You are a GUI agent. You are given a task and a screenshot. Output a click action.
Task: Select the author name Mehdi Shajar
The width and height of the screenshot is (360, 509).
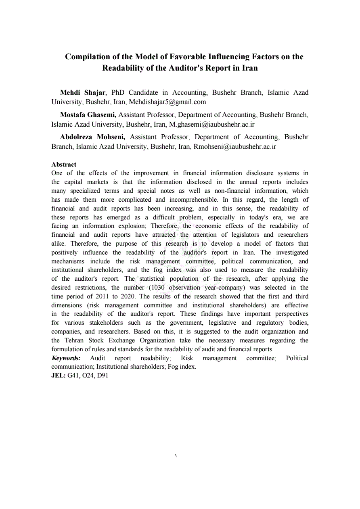[83, 93]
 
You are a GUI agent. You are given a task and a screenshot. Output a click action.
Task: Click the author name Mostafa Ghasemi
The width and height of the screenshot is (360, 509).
[88, 115]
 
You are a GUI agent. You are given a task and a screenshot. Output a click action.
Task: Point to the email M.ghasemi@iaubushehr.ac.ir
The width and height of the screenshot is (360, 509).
[212, 124]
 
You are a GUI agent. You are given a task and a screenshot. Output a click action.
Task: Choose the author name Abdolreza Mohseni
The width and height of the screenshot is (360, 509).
[92, 137]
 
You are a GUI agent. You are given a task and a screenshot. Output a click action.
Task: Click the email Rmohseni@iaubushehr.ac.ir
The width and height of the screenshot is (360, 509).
[235, 146]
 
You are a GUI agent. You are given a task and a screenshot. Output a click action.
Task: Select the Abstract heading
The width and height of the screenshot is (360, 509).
[64, 164]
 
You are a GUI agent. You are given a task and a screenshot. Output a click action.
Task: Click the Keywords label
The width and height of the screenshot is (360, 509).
[66, 358]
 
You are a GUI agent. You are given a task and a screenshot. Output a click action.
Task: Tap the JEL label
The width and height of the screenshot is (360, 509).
[59, 375]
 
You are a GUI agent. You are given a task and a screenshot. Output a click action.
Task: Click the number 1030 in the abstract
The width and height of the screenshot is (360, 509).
[157, 288]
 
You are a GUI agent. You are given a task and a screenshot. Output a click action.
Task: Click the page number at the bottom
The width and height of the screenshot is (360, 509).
[176, 456]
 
